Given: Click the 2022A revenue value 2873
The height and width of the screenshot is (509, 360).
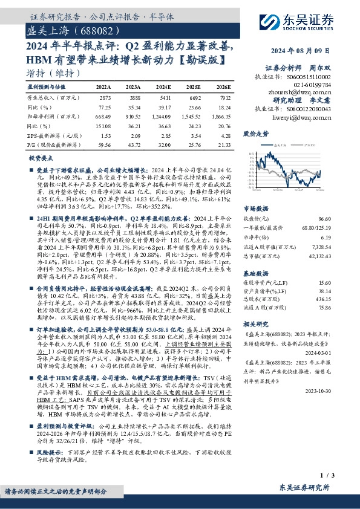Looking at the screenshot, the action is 105,97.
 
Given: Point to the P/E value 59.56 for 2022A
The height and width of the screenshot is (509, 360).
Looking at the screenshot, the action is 103,145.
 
